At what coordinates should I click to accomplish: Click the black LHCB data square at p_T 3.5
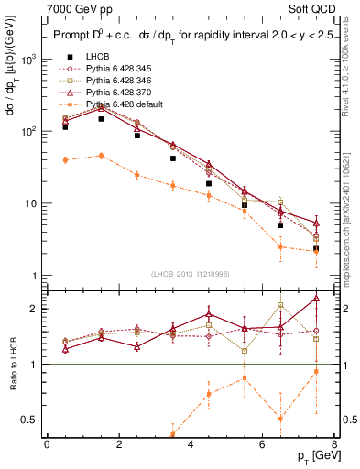click(173, 158)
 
